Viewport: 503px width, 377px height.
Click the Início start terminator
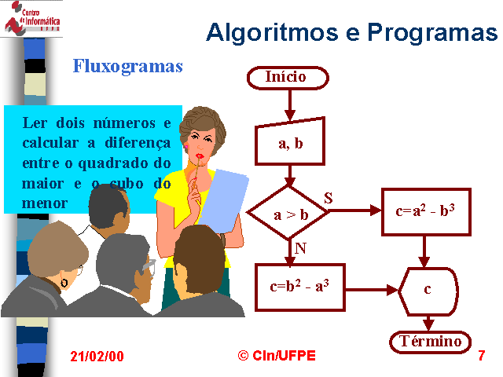tap(288, 78)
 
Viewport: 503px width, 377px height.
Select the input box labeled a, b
tap(290, 142)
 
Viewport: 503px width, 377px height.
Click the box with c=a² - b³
tap(426, 212)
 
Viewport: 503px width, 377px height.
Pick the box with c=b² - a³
tap(300, 287)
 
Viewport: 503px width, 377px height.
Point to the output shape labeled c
tap(428, 291)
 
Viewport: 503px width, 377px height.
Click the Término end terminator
tap(430, 342)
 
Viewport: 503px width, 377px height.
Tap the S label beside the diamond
tap(329, 198)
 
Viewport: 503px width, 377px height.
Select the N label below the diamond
tap(300, 248)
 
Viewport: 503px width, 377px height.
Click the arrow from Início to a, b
tap(290, 104)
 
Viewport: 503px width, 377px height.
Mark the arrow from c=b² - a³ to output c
tap(372, 290)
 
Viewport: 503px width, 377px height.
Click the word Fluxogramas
tap(127, 67)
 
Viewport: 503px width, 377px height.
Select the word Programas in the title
tap(432, 33)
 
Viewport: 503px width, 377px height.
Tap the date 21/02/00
tap(97, 357)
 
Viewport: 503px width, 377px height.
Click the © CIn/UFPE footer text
tap(277, 356)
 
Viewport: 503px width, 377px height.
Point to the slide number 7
tap(481, 356)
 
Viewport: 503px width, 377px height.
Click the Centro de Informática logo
tap(32, 17)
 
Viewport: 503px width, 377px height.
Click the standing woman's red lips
tap(200, 156)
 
